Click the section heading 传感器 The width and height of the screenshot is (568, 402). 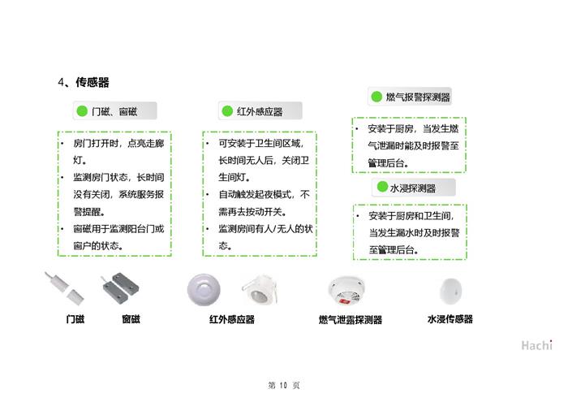click(93, 82)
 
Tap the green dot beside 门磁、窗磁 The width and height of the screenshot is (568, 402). click(82, 111)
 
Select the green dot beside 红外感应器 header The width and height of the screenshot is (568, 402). click(227, 111)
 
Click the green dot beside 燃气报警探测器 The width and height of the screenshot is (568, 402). click(377, 97)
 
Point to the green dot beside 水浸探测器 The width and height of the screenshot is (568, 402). click(382, 187)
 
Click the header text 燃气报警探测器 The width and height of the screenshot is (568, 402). click(418, 97)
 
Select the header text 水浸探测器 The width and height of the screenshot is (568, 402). click(413, 188)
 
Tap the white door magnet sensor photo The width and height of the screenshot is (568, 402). click(64, 288)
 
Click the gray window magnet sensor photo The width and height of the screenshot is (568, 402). click(121, 288)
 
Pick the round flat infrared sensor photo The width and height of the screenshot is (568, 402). click(204, 290)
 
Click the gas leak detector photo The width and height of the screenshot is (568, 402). click(346, 291)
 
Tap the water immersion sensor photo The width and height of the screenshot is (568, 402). click(450, 291)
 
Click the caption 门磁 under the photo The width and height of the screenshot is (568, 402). click(75, 319)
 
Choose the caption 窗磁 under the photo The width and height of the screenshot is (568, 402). click(131, 319)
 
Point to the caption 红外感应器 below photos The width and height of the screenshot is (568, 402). click(232, 319)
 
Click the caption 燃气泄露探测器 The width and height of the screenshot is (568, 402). click(351, 319)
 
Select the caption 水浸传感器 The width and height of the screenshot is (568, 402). click(450, 319)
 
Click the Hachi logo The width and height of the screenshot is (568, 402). click(537, 345)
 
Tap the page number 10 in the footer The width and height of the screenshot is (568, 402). click(283, 385)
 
